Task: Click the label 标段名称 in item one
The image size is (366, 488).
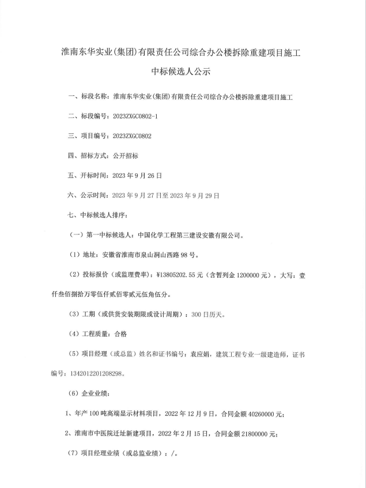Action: [95, 96]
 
